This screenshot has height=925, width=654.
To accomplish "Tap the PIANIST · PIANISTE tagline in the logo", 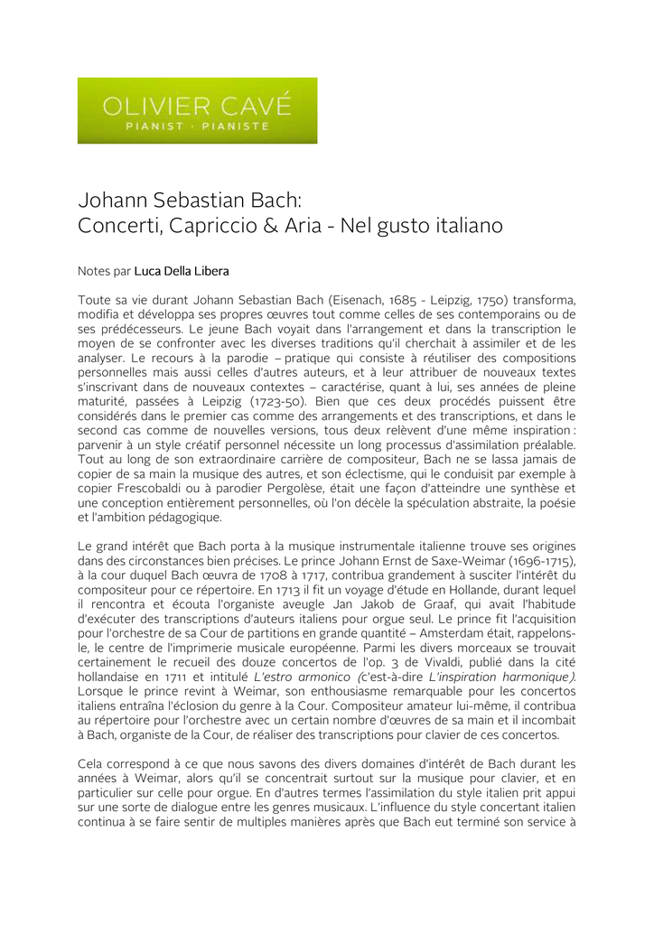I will (197, 126).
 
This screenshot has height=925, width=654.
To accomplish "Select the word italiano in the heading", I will (459, 225).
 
